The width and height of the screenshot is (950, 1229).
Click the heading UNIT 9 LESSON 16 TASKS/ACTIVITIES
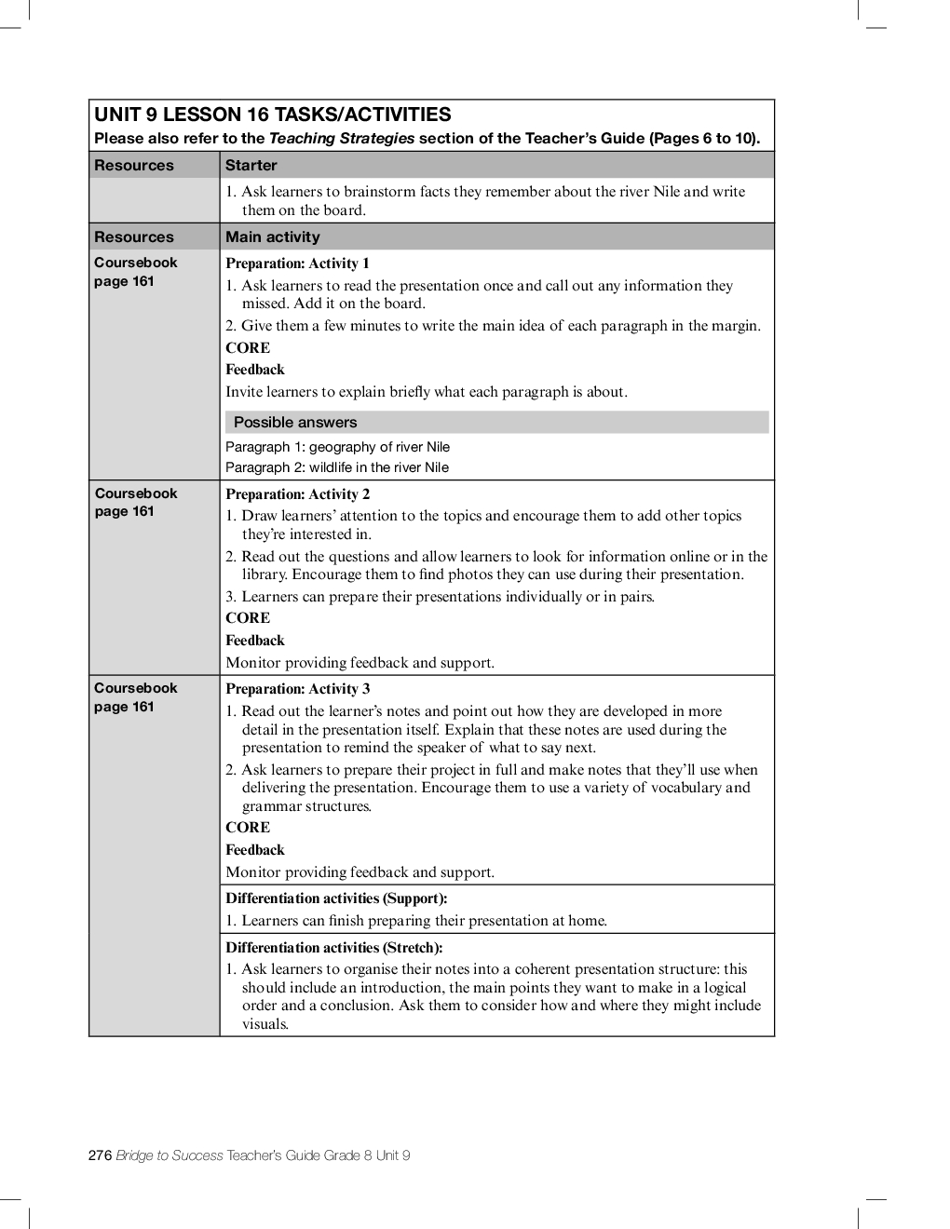272,115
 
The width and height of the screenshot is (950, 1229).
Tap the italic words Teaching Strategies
341,139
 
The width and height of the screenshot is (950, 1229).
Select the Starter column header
251,166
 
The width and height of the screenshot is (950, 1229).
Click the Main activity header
272,237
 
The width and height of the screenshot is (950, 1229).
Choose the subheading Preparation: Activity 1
297,263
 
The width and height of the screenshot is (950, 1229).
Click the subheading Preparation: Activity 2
297,494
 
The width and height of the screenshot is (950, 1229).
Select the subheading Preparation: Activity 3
297,689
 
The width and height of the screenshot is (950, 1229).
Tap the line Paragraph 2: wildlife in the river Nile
337,467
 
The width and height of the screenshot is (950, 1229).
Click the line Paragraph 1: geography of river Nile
337,447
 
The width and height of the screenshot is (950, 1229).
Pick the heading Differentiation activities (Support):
336,898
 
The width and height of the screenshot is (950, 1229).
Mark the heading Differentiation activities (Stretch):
333,948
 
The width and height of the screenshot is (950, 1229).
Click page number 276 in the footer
100,1155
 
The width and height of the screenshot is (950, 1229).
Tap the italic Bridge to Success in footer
170,1155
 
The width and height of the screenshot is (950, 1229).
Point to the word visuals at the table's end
265,1024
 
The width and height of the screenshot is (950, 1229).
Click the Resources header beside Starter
134,166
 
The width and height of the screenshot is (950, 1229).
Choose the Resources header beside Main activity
134,237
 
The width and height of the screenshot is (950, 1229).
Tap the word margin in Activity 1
735,326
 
